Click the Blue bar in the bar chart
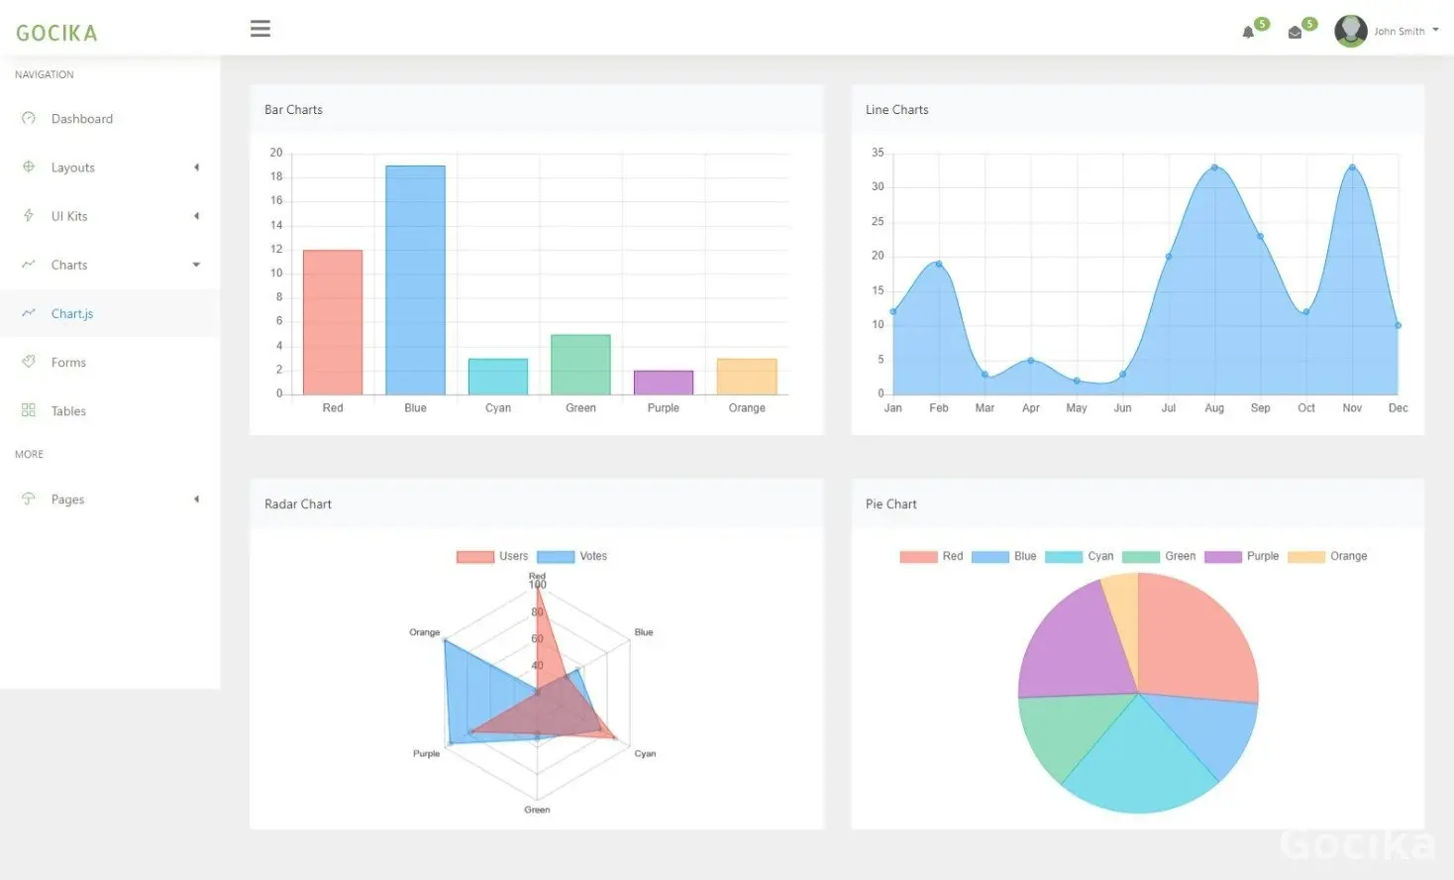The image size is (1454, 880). [415, 280]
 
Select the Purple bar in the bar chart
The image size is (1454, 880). [664, 383]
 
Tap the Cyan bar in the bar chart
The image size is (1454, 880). [498, 377]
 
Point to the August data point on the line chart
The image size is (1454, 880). [1214, 167]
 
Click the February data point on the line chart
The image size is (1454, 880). [939, 264]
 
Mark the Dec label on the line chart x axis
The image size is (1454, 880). [1398, 408]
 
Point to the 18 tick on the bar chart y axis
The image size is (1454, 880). [276, 176]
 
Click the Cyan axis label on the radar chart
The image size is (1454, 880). [645, 753]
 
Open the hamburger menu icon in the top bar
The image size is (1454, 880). [260, 29]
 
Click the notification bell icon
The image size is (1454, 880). [1248, 32]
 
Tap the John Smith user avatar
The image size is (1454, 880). [1350, 31]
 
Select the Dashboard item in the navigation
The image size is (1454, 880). [81, 119]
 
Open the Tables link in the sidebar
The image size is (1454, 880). [68, 411]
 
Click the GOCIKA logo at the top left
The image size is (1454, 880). [56, 33]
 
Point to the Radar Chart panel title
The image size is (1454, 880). [298, 504]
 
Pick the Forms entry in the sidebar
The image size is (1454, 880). [68, 363]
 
